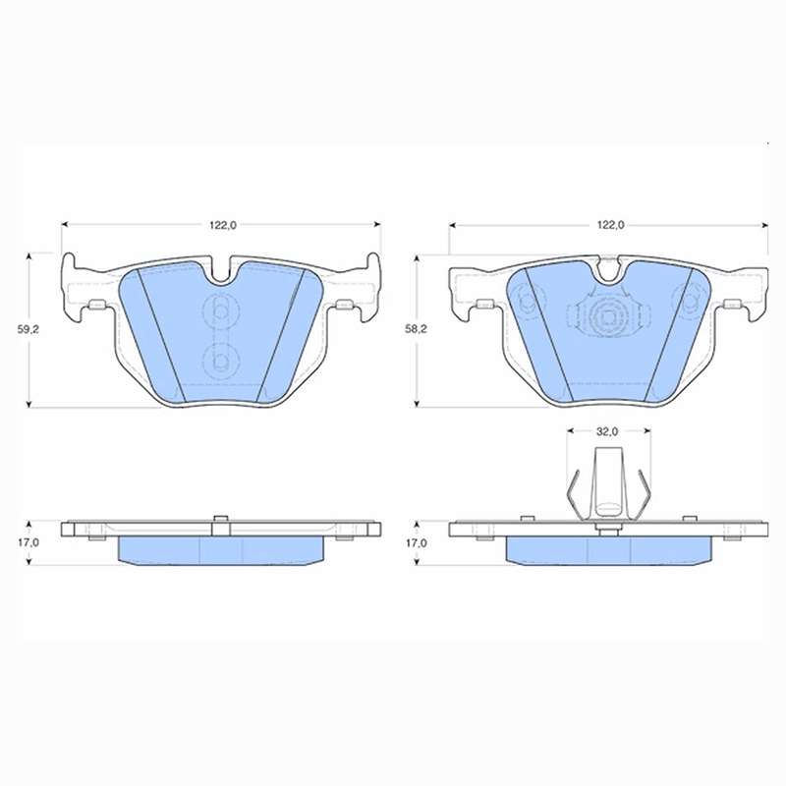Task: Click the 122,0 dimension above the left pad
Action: pyautogui.click(x=223, y=226)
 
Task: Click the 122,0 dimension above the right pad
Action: pyautogui.click(x=610, y=226)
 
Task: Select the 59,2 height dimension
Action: pyautogui.click(x=29, y=329)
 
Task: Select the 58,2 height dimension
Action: pyautogui.click(x=416, y=329)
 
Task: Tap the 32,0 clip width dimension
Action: pyautogui.click(x=607, y=431)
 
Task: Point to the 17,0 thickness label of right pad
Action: pyautogui.click(x=416, y=542)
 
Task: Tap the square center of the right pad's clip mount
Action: pyautogui.click(x=608, y=317)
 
